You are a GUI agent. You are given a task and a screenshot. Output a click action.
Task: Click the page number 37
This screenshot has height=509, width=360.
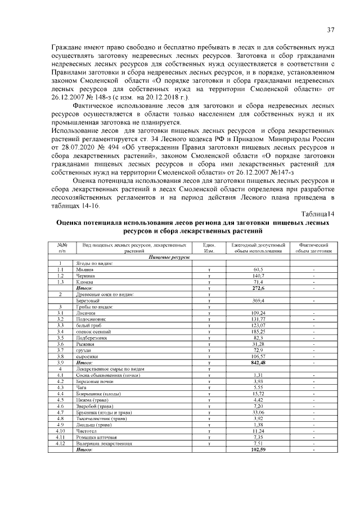[x=331, y=30]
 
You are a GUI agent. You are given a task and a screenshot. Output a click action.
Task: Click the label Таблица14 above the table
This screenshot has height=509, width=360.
[x=318, y=214]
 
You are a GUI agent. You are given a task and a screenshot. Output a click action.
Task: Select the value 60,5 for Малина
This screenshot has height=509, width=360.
[x=258, y=270]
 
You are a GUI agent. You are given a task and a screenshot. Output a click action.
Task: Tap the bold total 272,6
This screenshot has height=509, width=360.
[x=258, y=288]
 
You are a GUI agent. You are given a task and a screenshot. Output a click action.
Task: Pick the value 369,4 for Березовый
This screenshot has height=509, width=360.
[x=258, y=300]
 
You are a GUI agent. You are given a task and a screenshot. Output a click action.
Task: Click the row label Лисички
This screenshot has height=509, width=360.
[x=86, y=313]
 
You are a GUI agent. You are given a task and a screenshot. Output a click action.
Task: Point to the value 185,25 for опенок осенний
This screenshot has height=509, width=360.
[x=258, y=331]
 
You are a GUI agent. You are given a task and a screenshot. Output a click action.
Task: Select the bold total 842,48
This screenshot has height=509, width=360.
[x=258, y=362]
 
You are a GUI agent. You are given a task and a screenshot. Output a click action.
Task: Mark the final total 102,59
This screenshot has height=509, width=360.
[x=258, y=449]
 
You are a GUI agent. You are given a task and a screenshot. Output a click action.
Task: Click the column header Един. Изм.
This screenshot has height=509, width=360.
[x=209, y=249]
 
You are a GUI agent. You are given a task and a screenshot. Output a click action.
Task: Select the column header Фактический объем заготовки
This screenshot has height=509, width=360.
[x=313, y=249]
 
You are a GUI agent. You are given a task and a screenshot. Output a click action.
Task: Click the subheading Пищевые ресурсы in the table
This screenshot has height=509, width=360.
[x=169, y=258]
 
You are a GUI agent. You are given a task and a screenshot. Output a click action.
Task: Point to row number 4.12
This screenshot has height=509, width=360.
[x=60, y=443]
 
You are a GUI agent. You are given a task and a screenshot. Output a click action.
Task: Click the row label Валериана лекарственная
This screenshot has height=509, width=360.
[x=104, y=443]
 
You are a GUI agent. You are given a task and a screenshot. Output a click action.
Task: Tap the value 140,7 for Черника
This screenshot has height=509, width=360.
[x=258, y=276]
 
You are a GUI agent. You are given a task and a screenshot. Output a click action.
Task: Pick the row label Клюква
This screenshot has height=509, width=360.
[x=85, y=282]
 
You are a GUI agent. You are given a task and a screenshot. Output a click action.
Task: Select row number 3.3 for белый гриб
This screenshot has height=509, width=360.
[x=60, y=325]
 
